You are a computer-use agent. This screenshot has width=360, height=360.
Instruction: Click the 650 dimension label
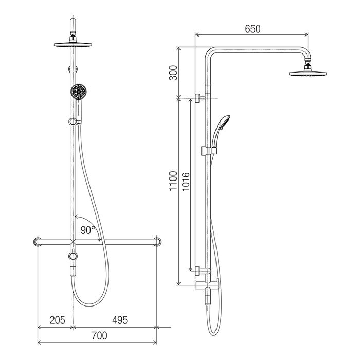pyautogui.click(x=253, y=29)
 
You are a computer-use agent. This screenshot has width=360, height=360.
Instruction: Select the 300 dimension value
pyautogui.click(x=173, y=73)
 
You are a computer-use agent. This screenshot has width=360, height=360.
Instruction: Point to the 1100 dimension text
pyautogui.click(x=173, y=181)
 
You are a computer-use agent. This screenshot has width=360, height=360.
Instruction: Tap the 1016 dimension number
pyautogui.click(x=186, y=182)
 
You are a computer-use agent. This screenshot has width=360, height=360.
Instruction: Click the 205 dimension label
pyautogui.click(x=58, y=320)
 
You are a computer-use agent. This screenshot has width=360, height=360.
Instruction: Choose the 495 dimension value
pyautogui.click(x=120, y=320)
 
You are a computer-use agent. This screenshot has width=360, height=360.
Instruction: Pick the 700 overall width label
pyautogui.click(x=99, y=336)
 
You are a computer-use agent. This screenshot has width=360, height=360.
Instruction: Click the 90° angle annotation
pyautogui.click(x=88, y=230)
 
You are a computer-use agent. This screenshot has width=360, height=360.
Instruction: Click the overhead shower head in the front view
pyautogui.click(x=73, y=45)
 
